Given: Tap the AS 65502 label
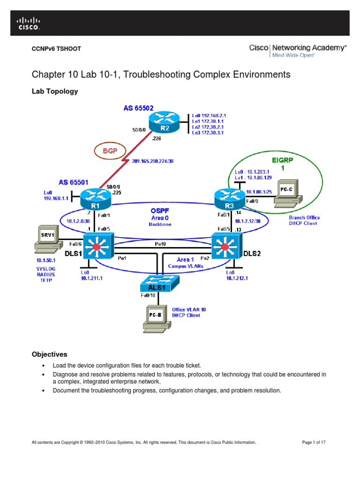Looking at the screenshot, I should coord(139,108).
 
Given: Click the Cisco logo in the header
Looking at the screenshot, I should coord(29,23).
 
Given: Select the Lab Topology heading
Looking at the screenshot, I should coord(54,92).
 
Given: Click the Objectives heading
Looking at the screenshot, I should coord(49,354).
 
